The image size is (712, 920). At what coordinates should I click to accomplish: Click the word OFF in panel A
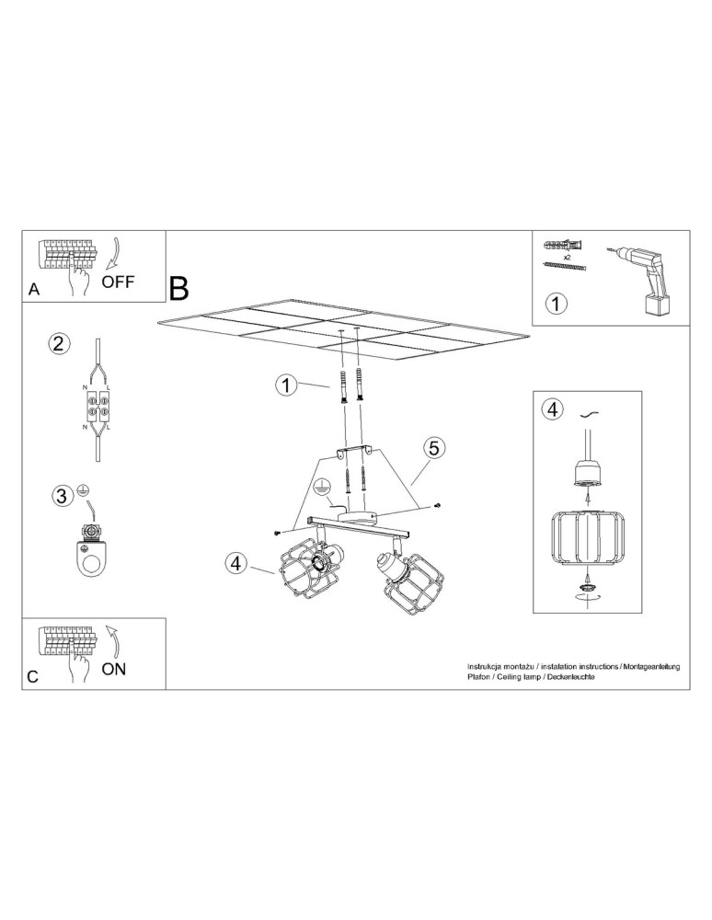[118, 282]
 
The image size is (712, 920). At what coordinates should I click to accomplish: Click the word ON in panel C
[114, 669]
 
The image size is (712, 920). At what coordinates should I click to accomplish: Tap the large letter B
[178, 287]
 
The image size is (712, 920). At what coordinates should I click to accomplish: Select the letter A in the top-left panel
[34, 289]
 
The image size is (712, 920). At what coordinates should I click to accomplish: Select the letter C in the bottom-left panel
[33, 676]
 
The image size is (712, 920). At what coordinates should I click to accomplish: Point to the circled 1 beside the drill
[557, 302]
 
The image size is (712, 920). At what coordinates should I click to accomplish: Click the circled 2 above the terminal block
[58, 344]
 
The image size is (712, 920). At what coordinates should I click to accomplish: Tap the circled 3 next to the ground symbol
[61, 496]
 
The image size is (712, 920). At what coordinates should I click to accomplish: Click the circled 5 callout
[433, 448]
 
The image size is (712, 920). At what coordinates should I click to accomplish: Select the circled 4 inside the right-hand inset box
[551, 409]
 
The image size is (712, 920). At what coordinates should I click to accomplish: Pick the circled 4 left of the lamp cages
[236, 564]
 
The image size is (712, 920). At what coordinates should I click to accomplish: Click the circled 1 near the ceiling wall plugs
[287, 385]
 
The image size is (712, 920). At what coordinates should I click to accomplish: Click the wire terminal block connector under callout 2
[98, 407]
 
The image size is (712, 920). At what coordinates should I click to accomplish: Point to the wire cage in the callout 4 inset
[586, 540]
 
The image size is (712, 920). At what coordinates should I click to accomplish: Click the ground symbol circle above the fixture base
[322, 488]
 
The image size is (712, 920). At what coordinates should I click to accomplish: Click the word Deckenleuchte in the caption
[571, 676]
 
